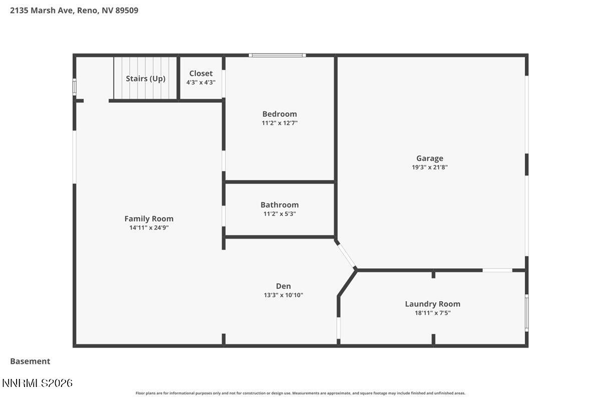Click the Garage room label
pos(429,158)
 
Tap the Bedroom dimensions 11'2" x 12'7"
pos(279,123)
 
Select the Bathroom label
pos(279,205)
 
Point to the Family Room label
pos(149,219)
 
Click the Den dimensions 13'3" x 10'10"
pos(283,295)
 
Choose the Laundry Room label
pos(432,304)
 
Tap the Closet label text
pos(201,74)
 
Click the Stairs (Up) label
pos(145,79)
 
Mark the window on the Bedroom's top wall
pos(277,55)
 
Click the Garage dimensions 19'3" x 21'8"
pos(429,167)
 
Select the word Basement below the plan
pos(30,361)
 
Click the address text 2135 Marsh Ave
pos(42,10)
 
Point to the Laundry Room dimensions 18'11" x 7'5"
pos(432,313)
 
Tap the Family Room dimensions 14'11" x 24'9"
pos(149,228)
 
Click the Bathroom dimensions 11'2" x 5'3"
pos(279,214)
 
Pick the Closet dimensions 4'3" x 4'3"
pos(201,83)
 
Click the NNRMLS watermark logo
pos(38,383)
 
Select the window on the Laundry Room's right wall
pos(526,313)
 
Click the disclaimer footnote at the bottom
pos(300,393)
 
